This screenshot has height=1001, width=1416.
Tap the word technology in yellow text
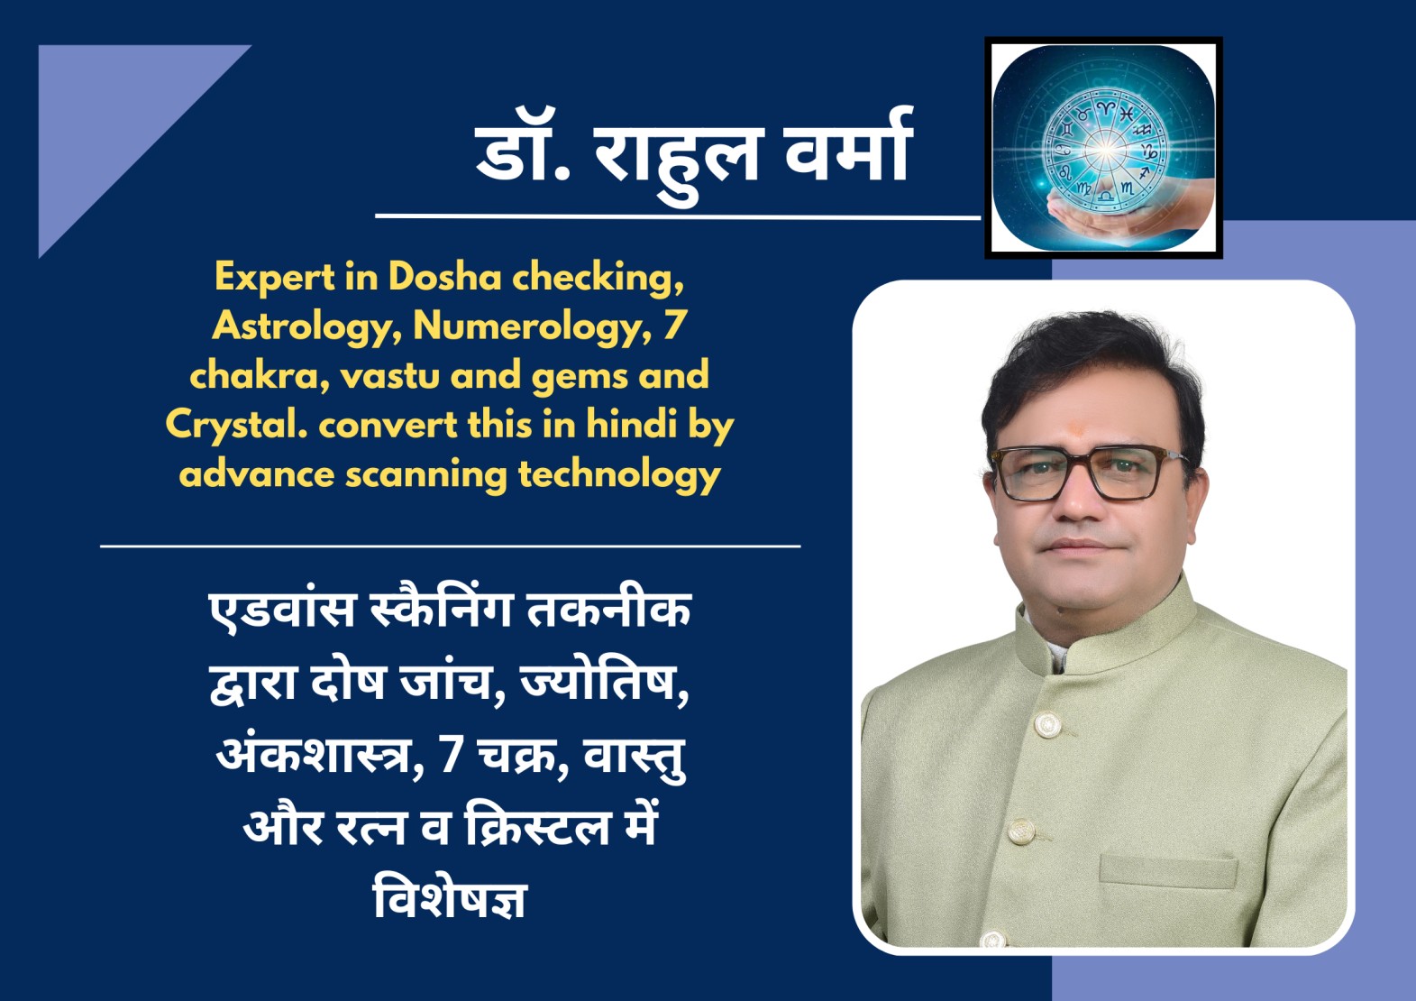point(619,475)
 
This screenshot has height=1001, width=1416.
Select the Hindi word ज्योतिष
point(605,682)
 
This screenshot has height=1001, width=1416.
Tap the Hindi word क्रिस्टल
point(537,825)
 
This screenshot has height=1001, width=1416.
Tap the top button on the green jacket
point(1046,724)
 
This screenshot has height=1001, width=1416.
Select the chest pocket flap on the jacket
point(1167,871)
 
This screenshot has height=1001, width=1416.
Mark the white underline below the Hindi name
point(678,216)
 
